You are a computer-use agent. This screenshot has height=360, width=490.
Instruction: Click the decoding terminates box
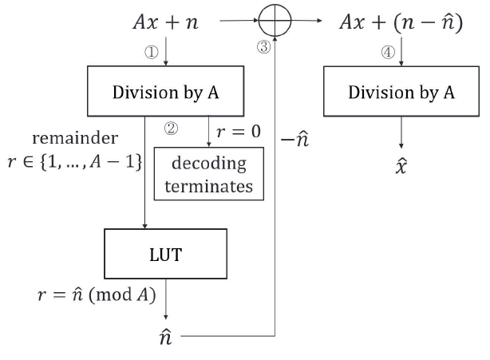point(207,176)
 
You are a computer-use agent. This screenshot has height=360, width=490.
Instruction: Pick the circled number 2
point(170,128)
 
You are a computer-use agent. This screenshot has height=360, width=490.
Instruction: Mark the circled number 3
point(263,47)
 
